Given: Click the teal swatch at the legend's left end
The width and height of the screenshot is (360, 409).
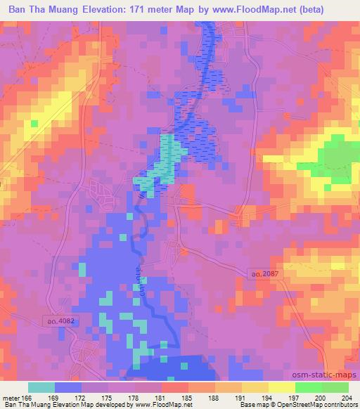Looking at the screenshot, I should [41, 387].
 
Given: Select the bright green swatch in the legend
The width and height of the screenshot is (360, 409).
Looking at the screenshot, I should [309, 387].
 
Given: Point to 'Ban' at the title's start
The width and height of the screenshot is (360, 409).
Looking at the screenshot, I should [19, 9].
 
